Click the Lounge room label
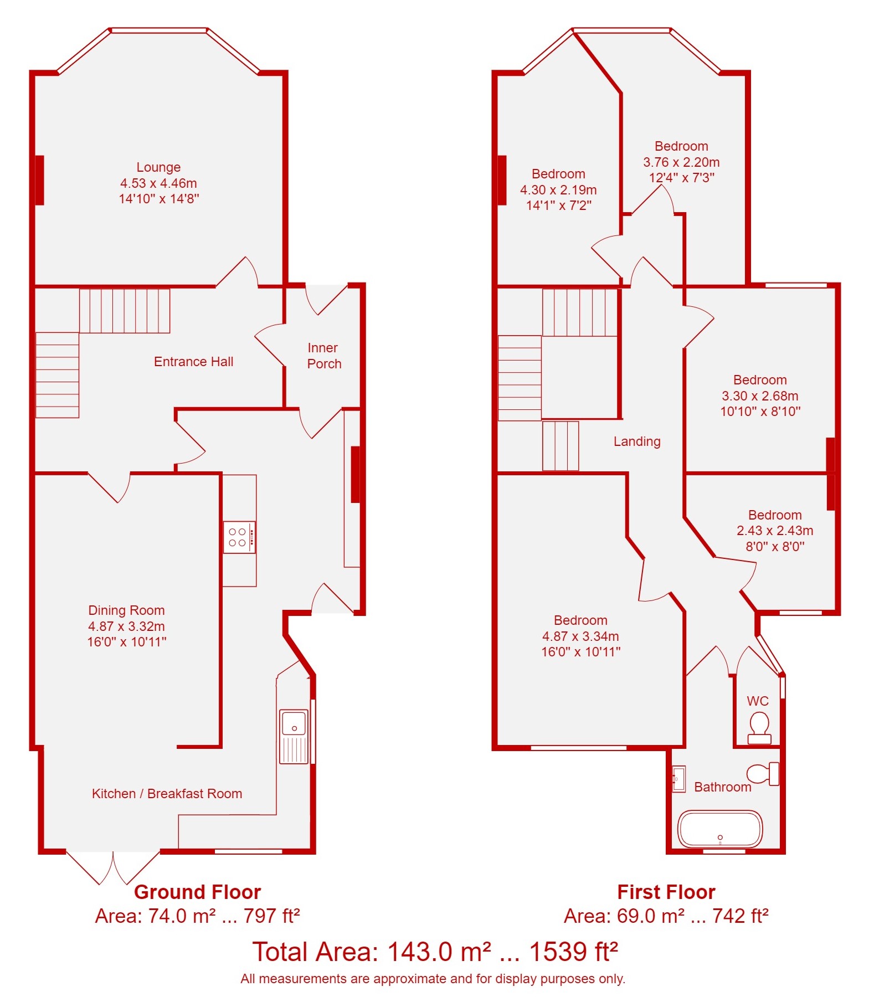158,167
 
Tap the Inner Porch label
324,356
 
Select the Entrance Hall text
193,362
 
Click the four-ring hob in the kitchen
239,537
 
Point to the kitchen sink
294,737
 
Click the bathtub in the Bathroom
720,829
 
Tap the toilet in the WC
759,728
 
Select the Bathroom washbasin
678,779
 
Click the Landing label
637,441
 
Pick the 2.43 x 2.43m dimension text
775,531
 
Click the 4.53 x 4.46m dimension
158,183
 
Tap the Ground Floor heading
197,892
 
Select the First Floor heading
666,892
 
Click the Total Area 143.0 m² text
435,952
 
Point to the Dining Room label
126,610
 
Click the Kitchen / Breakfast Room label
167,794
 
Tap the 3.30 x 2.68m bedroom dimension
760,396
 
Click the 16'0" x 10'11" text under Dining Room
126,642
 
